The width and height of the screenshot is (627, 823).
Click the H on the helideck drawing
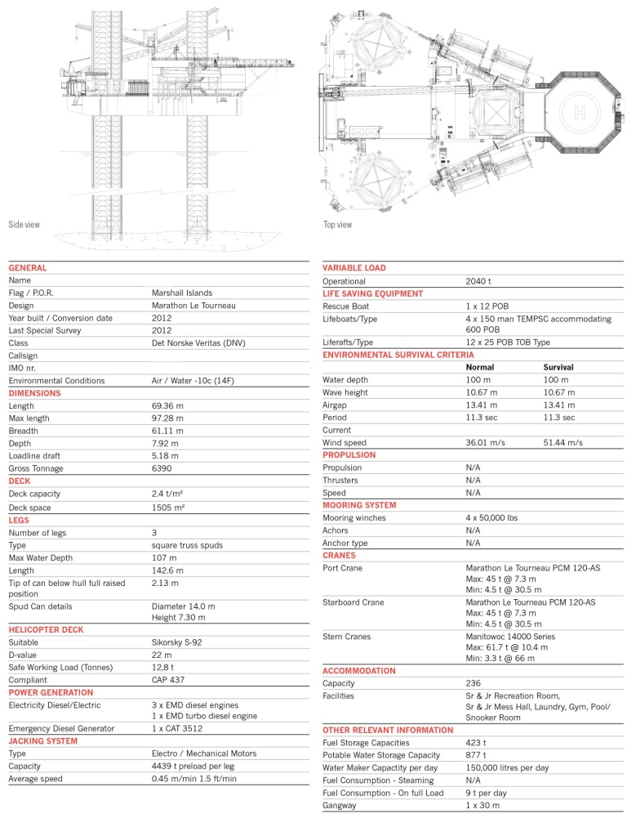pyautogui.click(x=580, y=110)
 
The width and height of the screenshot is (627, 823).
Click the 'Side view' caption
pyautogui.click(x=24, y=225)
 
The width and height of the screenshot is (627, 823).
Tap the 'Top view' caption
pyautogui.click(x=337, y=225)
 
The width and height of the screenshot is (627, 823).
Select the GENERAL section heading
pyautogui.click(x=28, y=268)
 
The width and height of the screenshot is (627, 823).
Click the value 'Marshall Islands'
pyautogui.click(x=182, y=293)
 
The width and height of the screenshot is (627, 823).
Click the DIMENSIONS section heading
pyautogui.click(x=35, y=393)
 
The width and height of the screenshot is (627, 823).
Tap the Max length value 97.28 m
pyautogui.click(x=168, y=418)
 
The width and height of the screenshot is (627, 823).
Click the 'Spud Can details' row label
pyautogui.click(x=40, y=606)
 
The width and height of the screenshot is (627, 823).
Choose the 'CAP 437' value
pyautogui.click(x=168, y=680)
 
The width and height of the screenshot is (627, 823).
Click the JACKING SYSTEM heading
pyautogui.click(x=43, y=741)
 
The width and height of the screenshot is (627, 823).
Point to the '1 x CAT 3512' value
pyautogui.click(x=176, y=728)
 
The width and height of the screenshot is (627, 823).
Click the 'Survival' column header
pyautogui.click(x=558, y=368)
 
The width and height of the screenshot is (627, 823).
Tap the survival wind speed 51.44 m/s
pyautogui.click(x=563, y=442)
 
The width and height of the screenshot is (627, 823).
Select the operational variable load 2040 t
pyautogui.click(x=478, y=281)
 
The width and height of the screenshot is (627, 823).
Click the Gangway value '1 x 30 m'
pyautogui.click(x=483, y=806)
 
